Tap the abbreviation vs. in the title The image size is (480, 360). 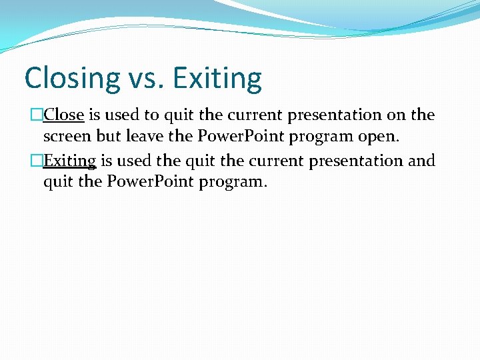(x=144, y=78)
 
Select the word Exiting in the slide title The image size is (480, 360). (x=217, y=78)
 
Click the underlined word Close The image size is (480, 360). (x=64, y=115)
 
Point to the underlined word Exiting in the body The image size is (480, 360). (x=70, y=161)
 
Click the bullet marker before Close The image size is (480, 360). (x=37, y=115)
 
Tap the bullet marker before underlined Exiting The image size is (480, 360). (x=37, y=161)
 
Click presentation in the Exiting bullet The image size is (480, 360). (x=342, y=161)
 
